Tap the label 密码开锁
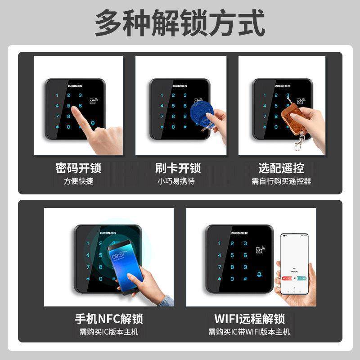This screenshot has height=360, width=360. pyautogui.click(x=78, y=168)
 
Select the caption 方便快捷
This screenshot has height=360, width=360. pyautogui.click(x=78, y=181)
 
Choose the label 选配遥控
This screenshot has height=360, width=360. pyautogui.click(x=281, y=168)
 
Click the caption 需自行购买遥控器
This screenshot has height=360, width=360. pyautogui.click(x=281, y=181)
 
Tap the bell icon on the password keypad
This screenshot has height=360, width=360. pyautogui.click(x=93, y=123)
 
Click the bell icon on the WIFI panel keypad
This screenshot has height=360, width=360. pyautogui.click(x=259, y=274)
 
